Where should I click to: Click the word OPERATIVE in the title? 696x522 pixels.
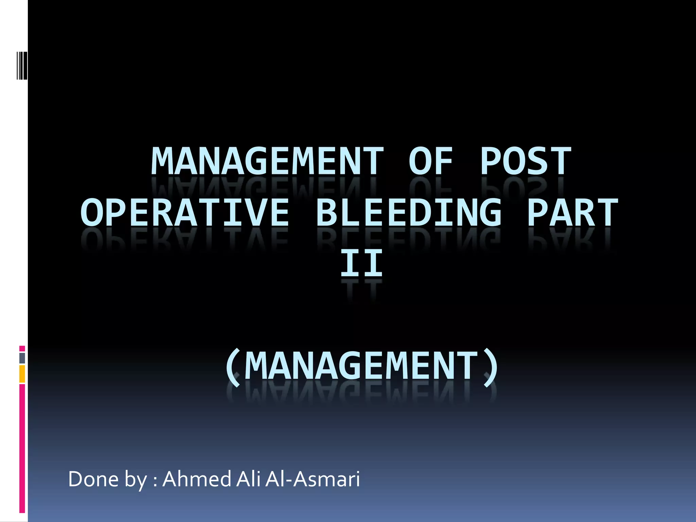click(185, 213)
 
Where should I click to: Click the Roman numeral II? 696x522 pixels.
click(362, 263)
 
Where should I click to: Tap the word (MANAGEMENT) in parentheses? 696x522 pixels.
click(362, 366)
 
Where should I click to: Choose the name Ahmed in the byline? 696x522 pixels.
click(197, 479)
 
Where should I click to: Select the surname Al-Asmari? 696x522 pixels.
click(313, 479)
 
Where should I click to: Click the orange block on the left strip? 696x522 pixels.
click(22, 374)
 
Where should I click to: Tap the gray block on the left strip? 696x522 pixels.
click(22, 358)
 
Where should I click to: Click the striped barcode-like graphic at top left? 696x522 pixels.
click(22, 65)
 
